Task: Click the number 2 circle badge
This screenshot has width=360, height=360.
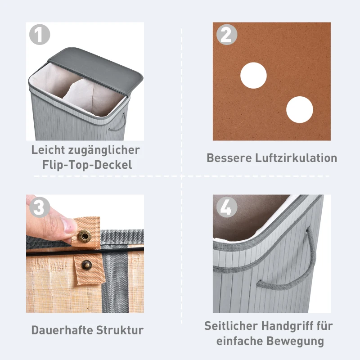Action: pos(226,35)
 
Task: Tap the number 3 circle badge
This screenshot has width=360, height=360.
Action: pos(39,207)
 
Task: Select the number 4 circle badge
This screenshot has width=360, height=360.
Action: pos(226,207)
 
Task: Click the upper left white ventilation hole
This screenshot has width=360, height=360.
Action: pos(253,75)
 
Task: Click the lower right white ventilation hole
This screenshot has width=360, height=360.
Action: pos(299,109)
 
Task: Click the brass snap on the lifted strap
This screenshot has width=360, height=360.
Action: pos(83,235)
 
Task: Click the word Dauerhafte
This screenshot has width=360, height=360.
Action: pos(63,330)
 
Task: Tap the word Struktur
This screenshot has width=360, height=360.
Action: pos(121,330)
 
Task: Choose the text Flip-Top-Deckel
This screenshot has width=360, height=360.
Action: pos(87,165)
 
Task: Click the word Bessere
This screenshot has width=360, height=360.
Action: pos(226,158)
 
